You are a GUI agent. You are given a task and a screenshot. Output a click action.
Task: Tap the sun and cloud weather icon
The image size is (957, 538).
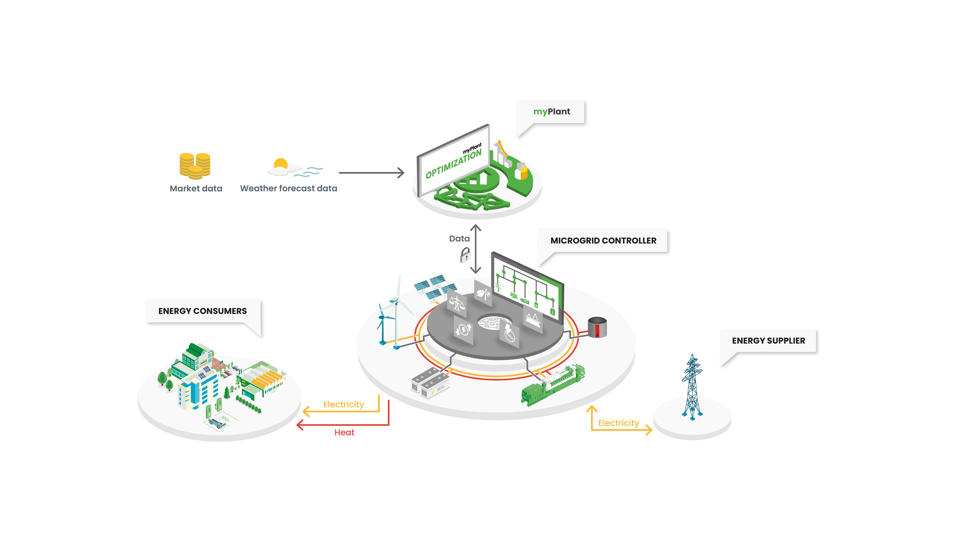pos(293,168)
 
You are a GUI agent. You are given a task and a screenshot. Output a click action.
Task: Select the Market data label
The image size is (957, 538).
pos(196,189)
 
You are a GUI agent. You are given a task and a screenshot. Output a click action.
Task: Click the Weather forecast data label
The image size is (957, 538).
pos(289,189)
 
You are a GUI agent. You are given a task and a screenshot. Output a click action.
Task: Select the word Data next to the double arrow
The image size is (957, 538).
pos(459,239)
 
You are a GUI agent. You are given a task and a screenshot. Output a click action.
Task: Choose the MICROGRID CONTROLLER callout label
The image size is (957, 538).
pos(603,241)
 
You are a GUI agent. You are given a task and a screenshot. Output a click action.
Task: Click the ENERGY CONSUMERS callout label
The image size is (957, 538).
pos(203,311)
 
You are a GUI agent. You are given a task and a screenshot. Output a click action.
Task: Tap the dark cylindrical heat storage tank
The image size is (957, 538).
pos(597,327)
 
